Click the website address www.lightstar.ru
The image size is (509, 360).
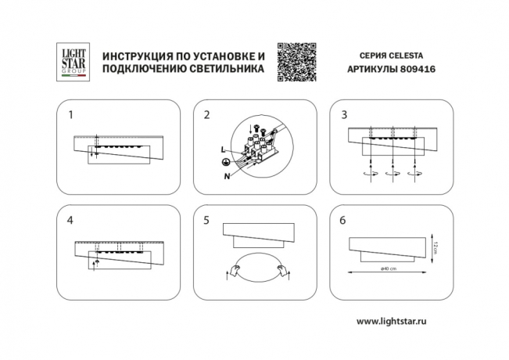pos(396,321)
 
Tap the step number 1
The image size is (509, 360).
pos(70,115)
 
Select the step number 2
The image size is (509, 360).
pos(206,115)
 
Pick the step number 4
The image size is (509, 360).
pos(70,221)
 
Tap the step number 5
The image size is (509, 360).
pos(206,221)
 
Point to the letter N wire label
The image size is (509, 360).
pos(226,175)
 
